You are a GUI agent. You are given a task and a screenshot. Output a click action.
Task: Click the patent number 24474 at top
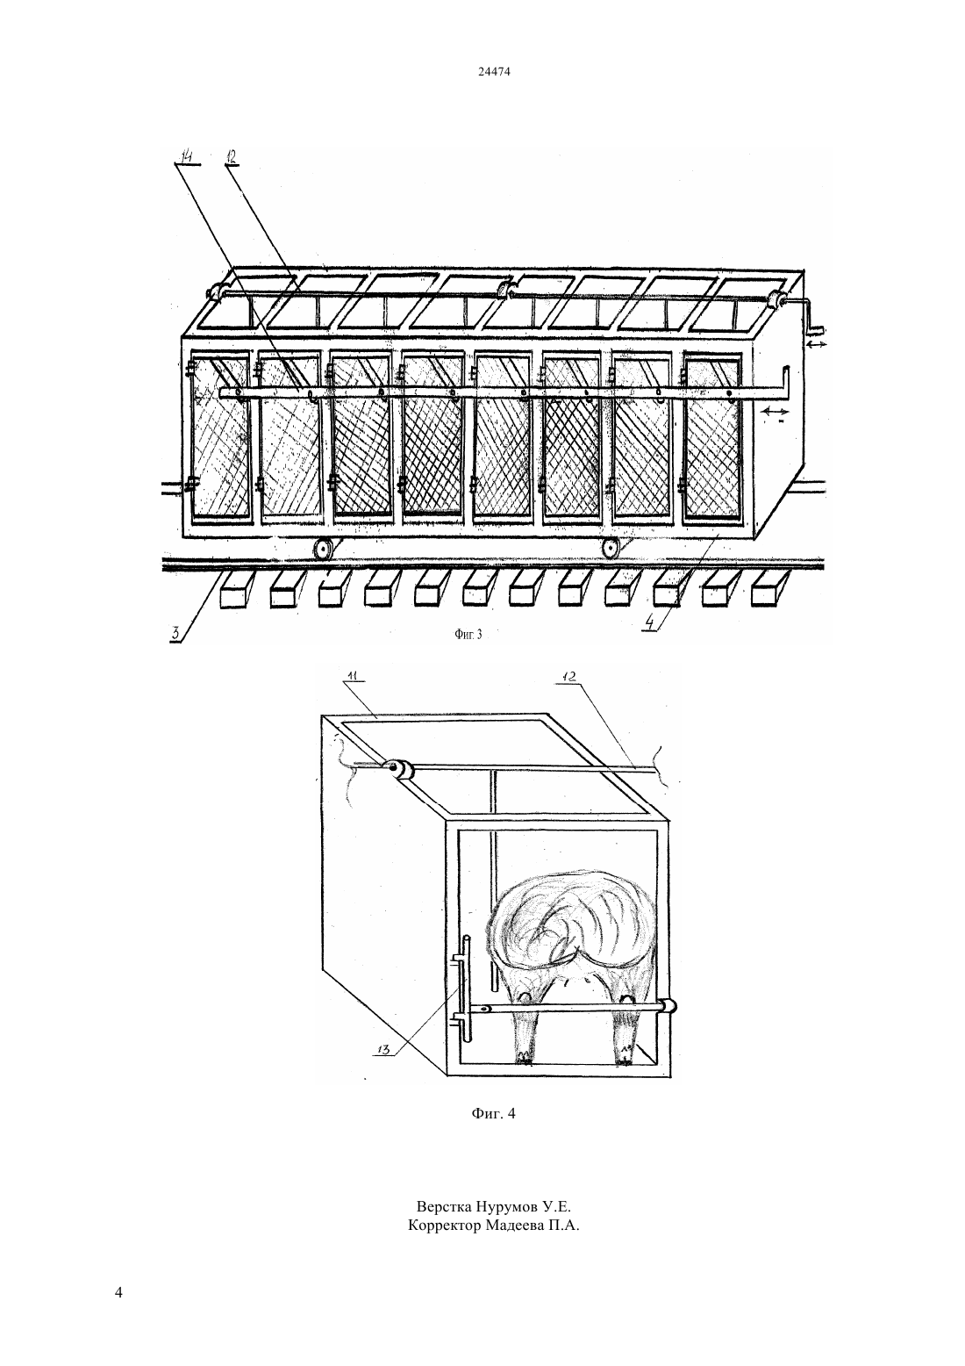tap(494, 71)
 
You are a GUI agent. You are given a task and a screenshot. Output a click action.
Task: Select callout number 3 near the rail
tap(175, 632)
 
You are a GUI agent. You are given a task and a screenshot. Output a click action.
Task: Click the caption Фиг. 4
tap(493, 1113)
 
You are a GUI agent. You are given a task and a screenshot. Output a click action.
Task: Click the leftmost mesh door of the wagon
tap(220, 435)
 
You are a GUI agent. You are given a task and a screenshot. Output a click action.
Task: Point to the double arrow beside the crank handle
tap(818, 344)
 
